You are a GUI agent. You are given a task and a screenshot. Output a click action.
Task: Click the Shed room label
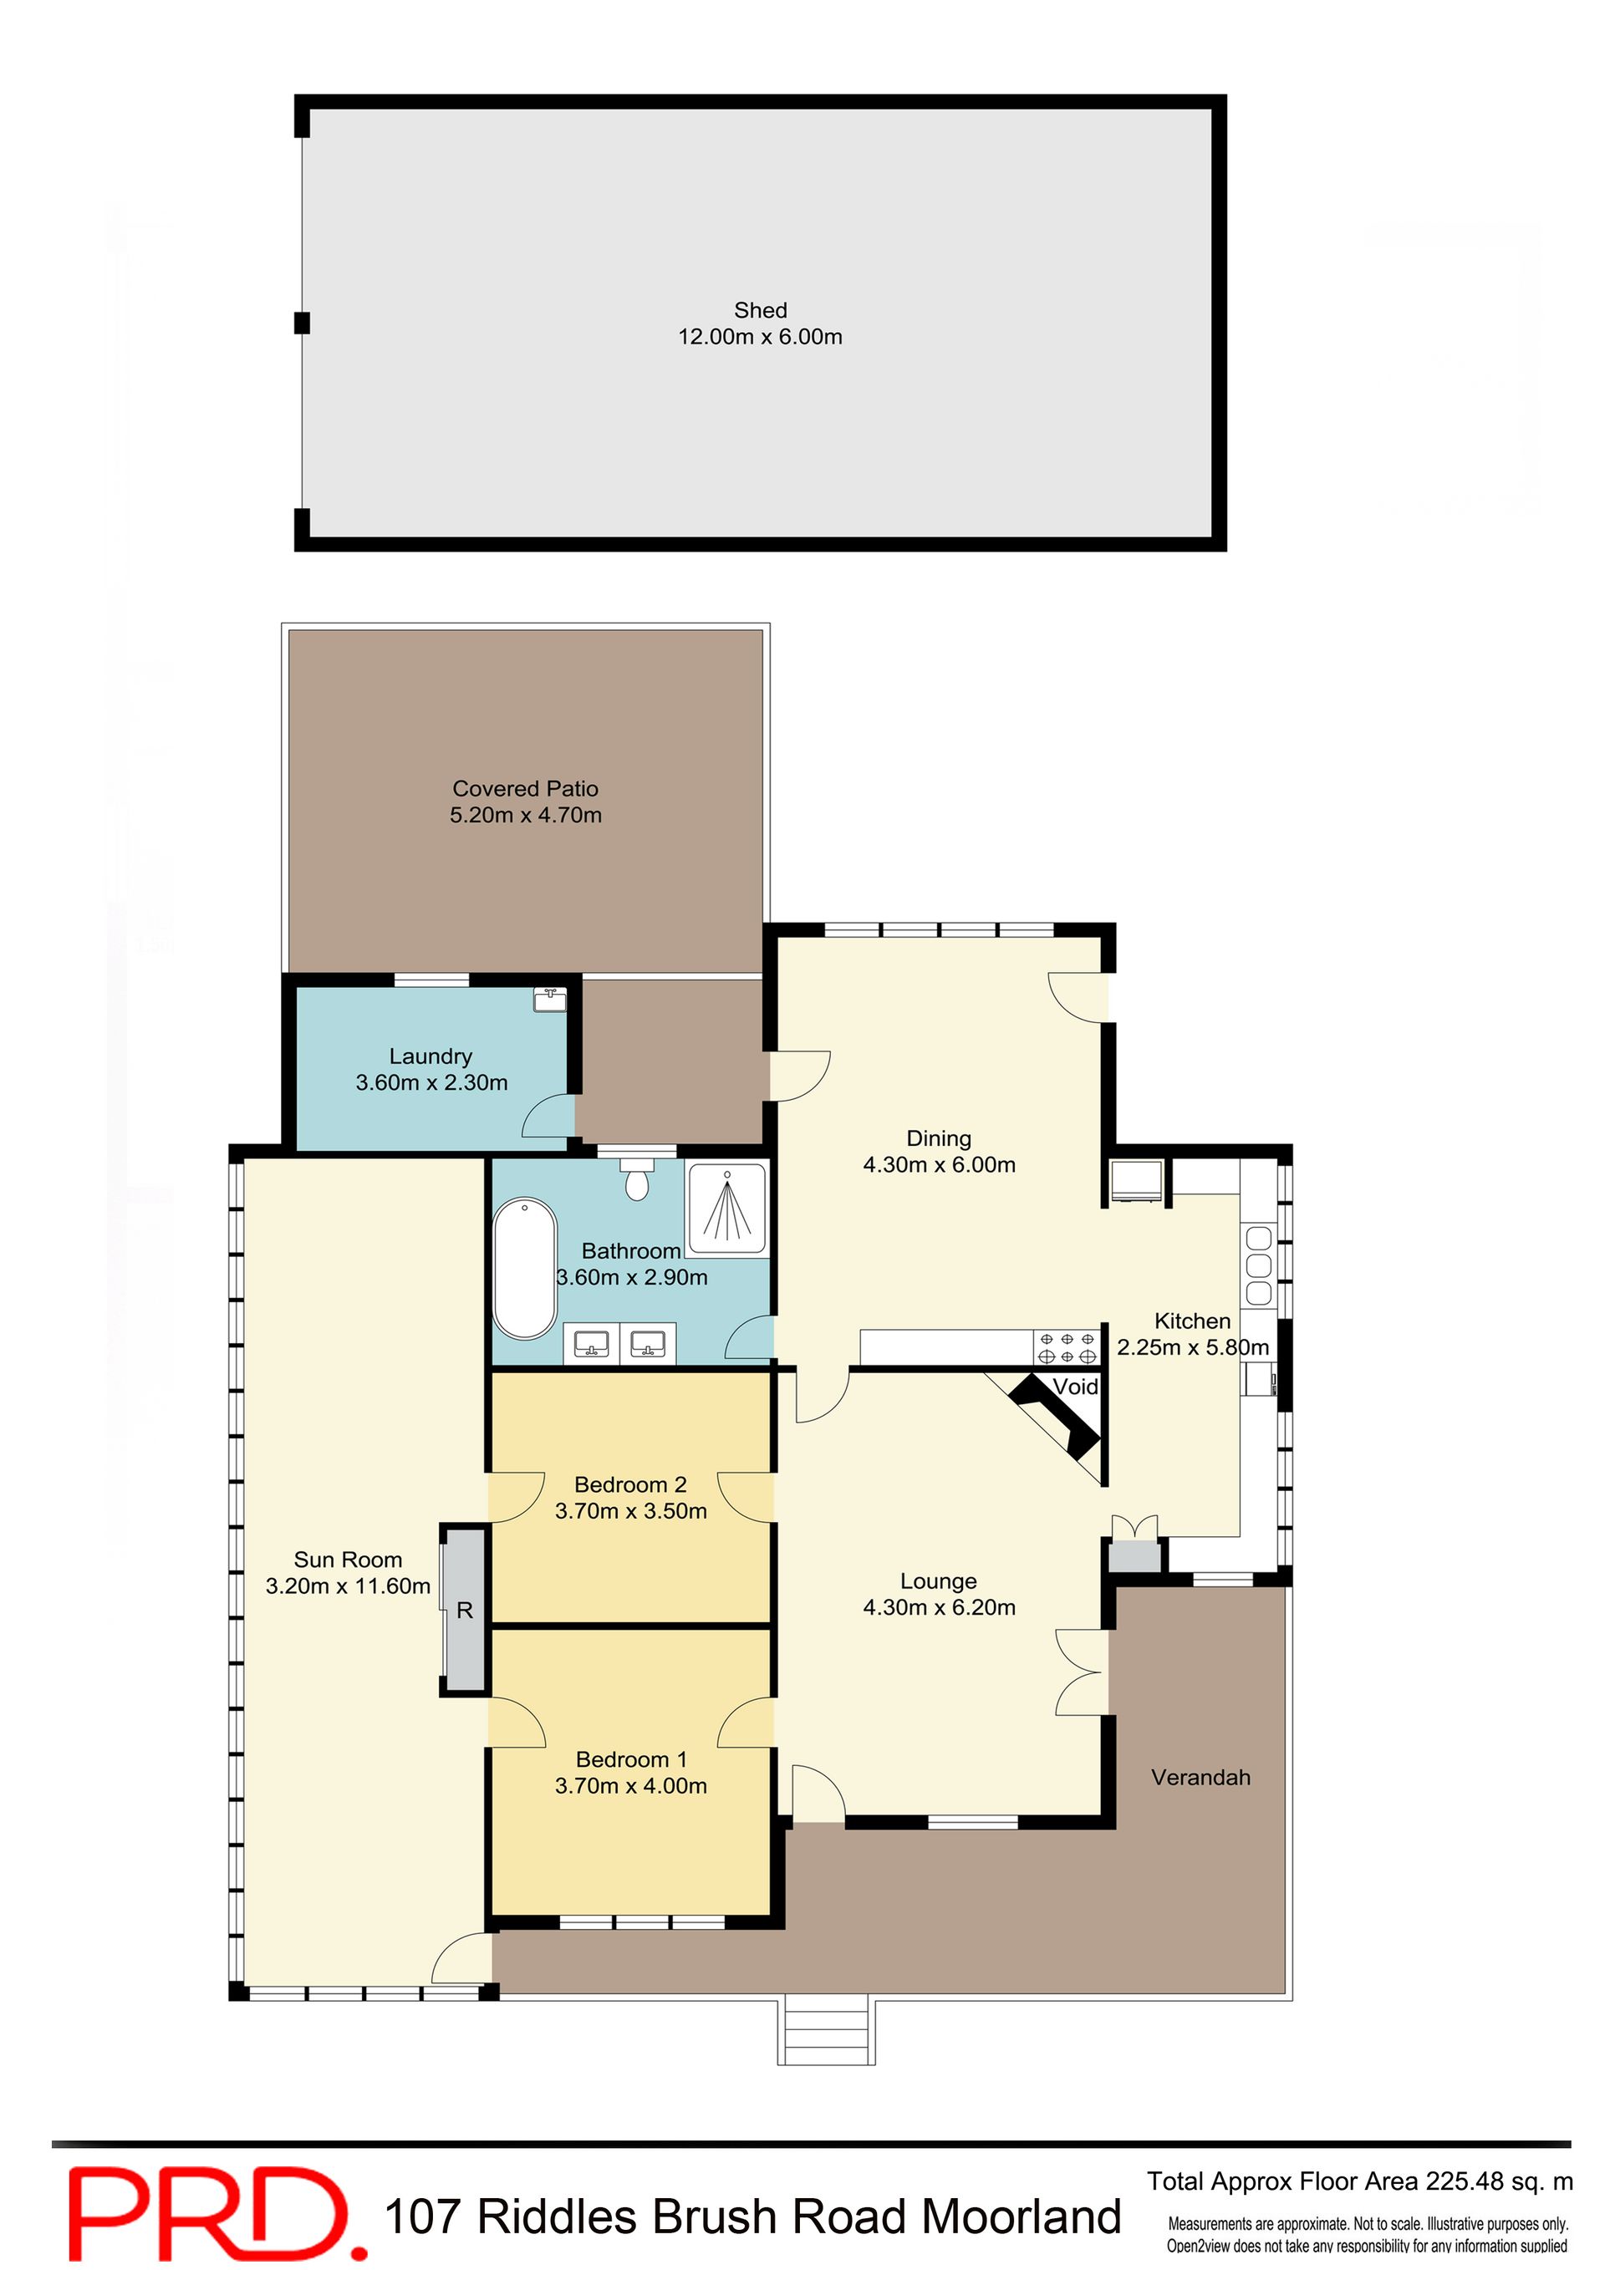tap(761, 310)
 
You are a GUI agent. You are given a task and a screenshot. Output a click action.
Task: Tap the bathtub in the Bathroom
tap(525, 1269)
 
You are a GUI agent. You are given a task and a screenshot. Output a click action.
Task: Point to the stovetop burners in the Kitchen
tap(1067, 1347)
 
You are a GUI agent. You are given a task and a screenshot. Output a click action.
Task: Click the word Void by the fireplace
tap(1075, 1386)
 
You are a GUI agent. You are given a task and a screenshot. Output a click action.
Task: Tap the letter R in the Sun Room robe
tap(465, 1611)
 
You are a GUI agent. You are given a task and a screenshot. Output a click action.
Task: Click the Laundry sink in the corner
tap(550, 1000)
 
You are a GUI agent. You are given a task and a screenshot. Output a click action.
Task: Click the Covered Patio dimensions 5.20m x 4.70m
tap(526, 815)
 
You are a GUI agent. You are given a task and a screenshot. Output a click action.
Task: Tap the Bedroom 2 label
tap(630, 1484)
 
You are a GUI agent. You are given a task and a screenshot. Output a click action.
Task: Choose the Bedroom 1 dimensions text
tap(631, 1784)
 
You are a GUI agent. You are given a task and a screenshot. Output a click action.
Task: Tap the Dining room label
tap(940, 1138)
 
